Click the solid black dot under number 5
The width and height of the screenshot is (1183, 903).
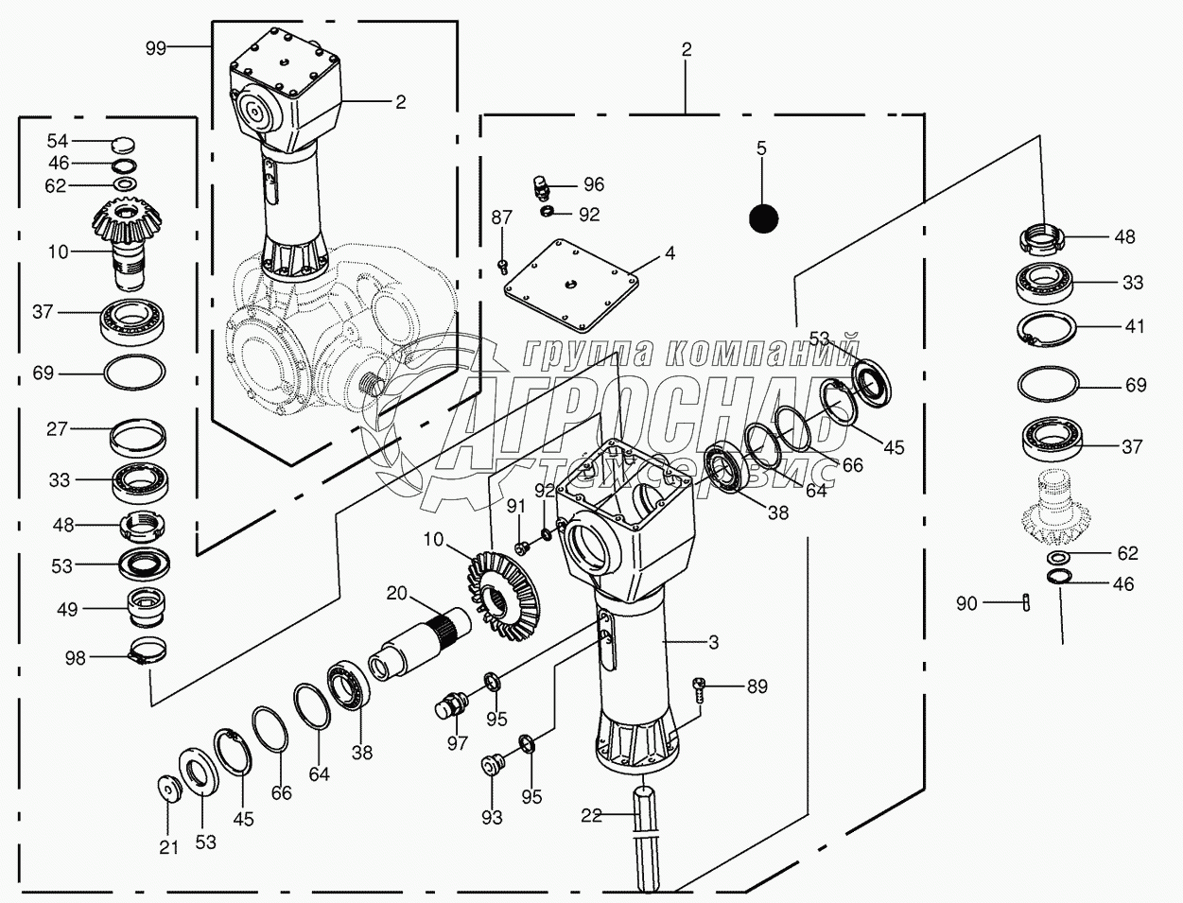[762, 219]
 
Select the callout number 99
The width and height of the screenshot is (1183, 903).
[156, 46]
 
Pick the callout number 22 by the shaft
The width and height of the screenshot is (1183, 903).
[591, 816]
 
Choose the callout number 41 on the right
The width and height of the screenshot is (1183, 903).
[1135, 326]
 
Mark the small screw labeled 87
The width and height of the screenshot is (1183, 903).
[503, 265]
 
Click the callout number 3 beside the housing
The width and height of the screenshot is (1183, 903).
[713, 642]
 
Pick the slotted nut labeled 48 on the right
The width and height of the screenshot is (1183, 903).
[1043, 236]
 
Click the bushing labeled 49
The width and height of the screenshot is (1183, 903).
[148, 607]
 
